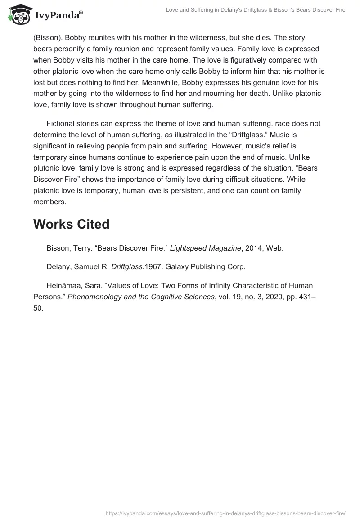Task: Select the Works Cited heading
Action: [71, 224]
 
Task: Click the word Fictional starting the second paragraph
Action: [63, 123]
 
